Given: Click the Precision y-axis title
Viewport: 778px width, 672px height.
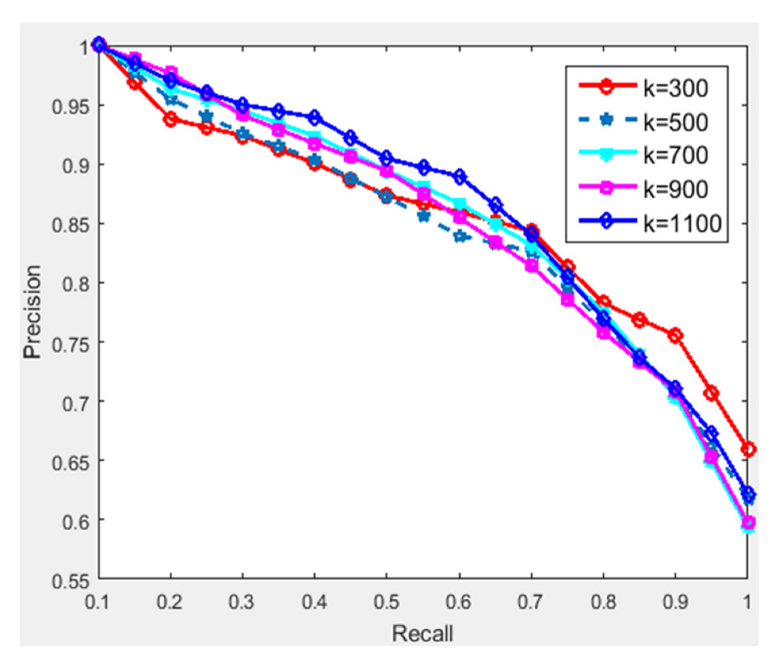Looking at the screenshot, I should pyautogui.click(x=32, y=312).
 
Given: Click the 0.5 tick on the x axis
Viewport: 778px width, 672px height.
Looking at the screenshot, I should pyautogui.click(x=386, y=601).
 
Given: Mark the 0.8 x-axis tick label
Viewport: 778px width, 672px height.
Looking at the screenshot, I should pyautogui.click(x=603, y=601).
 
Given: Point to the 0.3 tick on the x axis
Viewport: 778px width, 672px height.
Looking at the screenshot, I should pyautogui.click(x=242, y=601).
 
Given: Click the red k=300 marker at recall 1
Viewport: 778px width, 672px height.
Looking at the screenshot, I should pyautogui.click(x=747, y=449).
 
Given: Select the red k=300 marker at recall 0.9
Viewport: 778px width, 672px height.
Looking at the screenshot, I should pyautogui.click(x=675, y=335).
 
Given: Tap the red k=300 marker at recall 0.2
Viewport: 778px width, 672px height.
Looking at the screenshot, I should pyautogui.click(x=170, y=119).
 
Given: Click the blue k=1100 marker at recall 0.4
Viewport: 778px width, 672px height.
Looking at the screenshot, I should pyautogui.click(x=314, y=118).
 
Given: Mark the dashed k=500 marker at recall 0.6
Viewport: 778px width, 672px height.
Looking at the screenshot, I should pyautogui.click(x=459, y=237).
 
